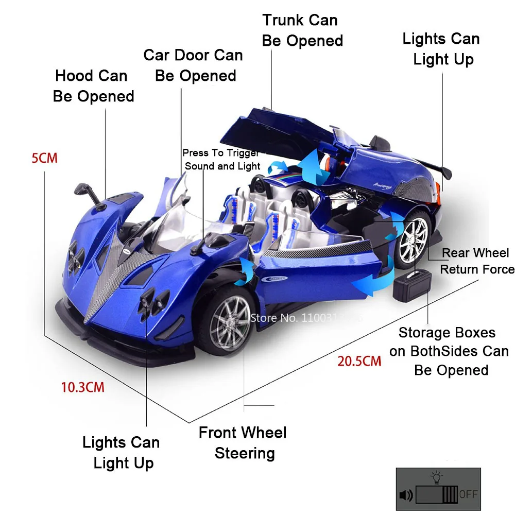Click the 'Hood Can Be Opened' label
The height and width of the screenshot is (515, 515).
(93, 86)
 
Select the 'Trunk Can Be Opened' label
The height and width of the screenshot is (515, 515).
(302, 30)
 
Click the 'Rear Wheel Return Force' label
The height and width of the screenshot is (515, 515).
(476, 261)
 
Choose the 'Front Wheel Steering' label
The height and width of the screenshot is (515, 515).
(244, 442)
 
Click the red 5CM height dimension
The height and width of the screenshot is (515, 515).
(44, 158)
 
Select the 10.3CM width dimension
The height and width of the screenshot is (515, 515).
(83, 387)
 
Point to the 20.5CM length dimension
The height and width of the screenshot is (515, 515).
(359, 360)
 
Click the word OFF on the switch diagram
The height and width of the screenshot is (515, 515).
(468, 494)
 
